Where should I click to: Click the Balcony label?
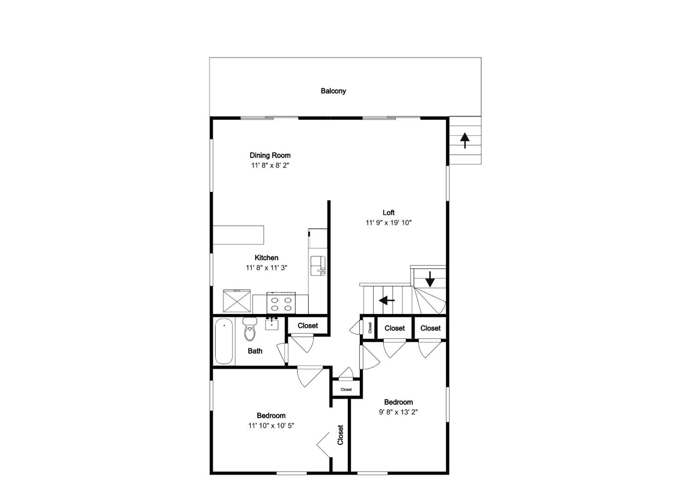(333, 91)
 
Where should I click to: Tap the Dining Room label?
(270, 155)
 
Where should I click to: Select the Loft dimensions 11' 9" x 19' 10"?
(388, 223)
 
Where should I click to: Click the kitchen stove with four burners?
(281, 303)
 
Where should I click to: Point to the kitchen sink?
(318, 265)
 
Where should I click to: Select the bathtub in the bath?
(224, 341)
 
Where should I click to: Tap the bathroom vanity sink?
(271, 324)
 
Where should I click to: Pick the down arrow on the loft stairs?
(430, 279)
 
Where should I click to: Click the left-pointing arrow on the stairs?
(387, 300)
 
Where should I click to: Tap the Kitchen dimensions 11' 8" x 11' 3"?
(266, 268)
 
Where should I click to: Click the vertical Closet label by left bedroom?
(340, 435)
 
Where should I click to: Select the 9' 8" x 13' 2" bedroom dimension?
(398, 412)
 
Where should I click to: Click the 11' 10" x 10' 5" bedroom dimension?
(271, 426)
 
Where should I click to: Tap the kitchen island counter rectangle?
(238, 235)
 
